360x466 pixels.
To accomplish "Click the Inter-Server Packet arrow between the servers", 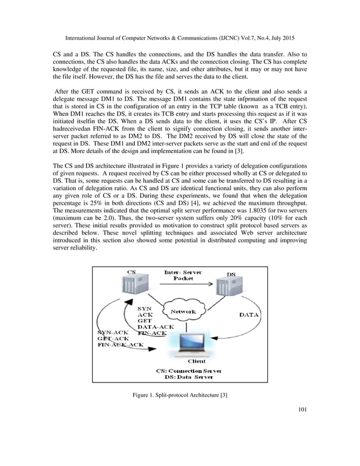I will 182,287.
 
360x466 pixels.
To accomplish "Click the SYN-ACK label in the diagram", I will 113,332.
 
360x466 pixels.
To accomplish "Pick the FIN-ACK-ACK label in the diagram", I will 121,344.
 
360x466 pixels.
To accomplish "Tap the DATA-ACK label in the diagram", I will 156,327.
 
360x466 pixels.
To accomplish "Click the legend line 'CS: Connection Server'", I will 188,370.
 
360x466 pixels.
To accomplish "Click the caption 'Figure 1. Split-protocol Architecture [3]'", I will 179,401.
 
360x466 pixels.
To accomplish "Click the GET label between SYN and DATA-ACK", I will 144,320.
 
